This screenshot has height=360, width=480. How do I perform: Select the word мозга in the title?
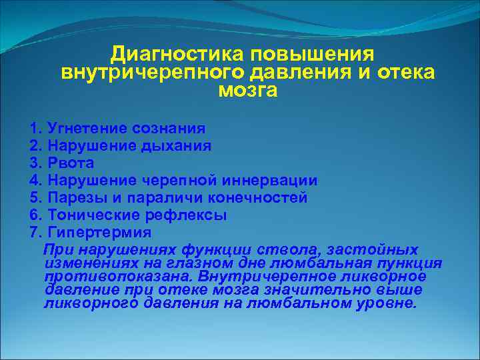tap(247, 90)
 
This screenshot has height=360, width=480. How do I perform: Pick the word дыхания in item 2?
tap(177, 145)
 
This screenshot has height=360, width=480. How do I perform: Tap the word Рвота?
tap(70, 163)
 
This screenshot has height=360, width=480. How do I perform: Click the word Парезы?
tap(74, 198)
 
